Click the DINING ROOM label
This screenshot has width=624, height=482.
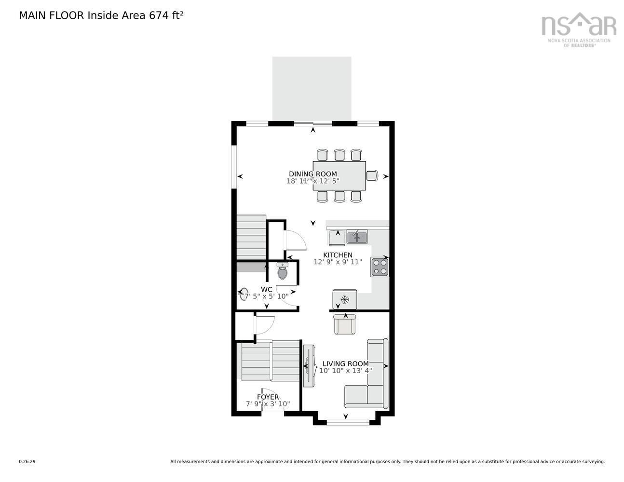[x=312, y=174]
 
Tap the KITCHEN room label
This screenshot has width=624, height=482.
[x=338, y=255]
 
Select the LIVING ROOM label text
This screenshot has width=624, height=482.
[x=345, y=364]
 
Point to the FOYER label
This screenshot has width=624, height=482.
[x=268, y=397]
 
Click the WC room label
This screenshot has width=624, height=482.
[x=266, y=289]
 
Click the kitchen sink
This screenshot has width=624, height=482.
[x=357, y=237]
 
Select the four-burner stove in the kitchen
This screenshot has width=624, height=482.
[x=380, y=267]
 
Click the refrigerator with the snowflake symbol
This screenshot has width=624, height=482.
[x=345, y=299]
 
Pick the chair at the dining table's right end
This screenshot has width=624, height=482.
[x=372, y=175]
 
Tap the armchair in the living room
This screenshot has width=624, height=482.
[x=344, y=324]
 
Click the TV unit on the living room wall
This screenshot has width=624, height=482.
[x=309, y=366]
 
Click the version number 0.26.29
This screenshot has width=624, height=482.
[x=27, y=461]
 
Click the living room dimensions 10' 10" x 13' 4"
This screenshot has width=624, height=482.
[x=345, y=371]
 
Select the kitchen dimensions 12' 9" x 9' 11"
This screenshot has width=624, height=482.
[x=338, y=262]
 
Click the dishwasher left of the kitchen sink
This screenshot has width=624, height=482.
[x=337, y=237]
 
